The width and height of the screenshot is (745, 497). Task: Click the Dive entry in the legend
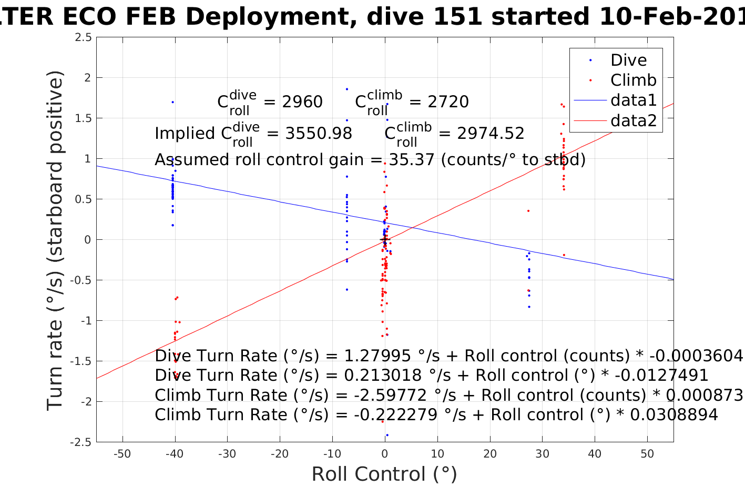click(628, 60)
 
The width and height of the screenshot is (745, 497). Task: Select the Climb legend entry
click(633, 80)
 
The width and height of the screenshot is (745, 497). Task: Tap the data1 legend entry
click(633, 100)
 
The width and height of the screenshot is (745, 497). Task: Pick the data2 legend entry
click(633, 120)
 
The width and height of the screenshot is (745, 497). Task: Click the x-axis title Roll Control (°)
click(384, 474)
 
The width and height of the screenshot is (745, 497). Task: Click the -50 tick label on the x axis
click(122, 454)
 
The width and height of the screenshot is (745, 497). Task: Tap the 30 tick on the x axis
click(542, 454)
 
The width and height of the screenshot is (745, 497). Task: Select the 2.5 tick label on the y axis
click(83, 37)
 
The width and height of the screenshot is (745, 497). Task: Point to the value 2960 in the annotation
click(302, 102)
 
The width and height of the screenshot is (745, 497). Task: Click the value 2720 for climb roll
click(448, 102)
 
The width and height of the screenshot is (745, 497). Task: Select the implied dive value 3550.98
click(319, 134)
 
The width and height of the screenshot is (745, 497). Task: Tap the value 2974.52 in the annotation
click(491, 134)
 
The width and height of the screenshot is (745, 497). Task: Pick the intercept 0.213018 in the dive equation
click(383, 376)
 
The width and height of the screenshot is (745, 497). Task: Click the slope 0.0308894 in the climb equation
click(673, 415)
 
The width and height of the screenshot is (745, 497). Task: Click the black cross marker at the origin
click(384, 240)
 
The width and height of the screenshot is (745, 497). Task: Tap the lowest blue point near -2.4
click(387, 435)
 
